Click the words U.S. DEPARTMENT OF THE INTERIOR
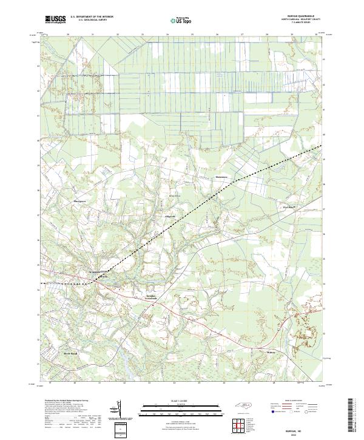click(92, 16)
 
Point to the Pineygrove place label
click(79, 200)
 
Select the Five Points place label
click(288, 208)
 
